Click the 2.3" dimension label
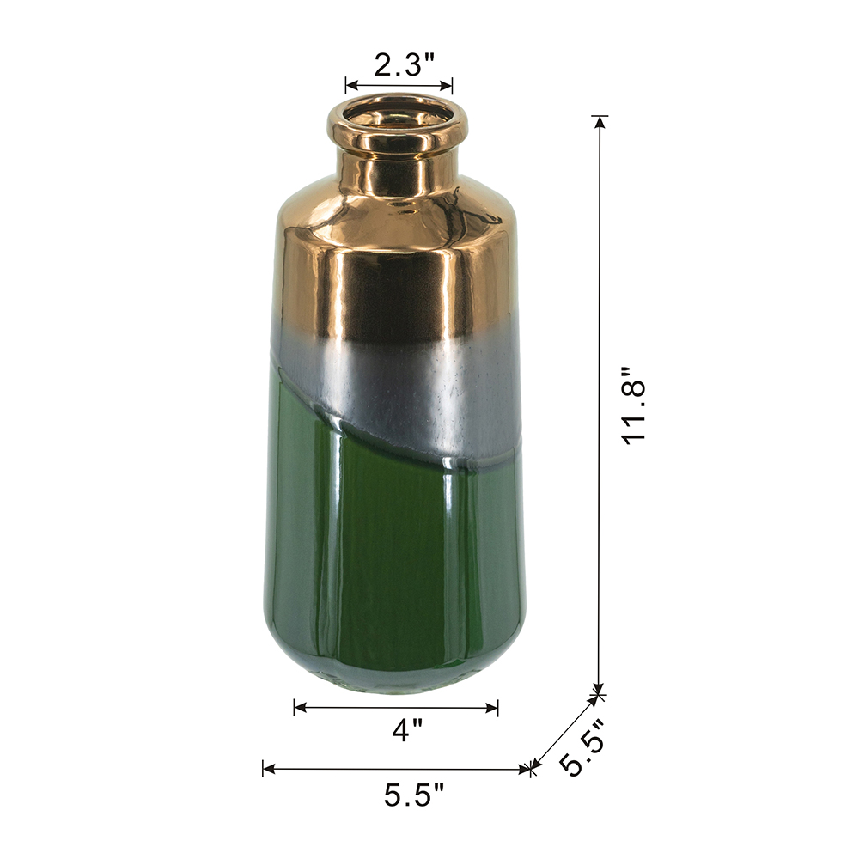tap(404, 65)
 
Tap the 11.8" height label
tap(635, 405)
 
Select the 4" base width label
tap(407, 730)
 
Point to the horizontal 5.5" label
tap(414, 795)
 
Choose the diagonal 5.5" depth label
tap(582, 747)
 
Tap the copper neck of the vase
tap(397, 170)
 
